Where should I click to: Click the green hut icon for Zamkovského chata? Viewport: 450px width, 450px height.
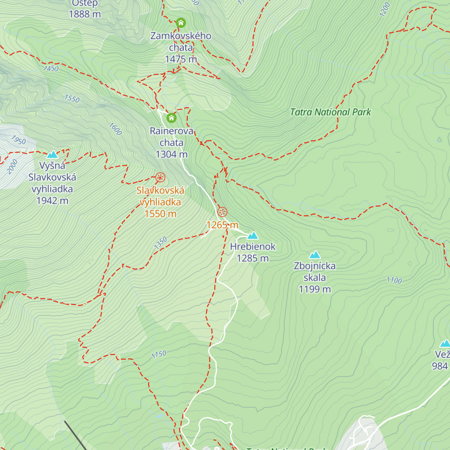point(181,23)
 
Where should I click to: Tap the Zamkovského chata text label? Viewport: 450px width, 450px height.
point(181,42)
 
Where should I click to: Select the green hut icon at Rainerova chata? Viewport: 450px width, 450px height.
point(171,118)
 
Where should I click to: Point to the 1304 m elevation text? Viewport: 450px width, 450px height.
point(171,154)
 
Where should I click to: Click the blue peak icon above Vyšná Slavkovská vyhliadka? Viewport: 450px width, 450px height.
point(52,154)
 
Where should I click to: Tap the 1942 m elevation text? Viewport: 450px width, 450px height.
point(52,201)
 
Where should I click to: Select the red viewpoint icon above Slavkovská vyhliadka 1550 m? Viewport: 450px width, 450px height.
point(160,178)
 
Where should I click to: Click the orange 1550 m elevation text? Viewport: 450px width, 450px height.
point(160,214)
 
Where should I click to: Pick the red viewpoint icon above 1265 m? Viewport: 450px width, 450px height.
point(222,212)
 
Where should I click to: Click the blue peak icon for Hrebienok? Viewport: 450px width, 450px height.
point(253,235)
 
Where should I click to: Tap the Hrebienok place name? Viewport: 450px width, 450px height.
point(253,247)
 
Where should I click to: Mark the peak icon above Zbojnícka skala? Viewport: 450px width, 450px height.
point(315,255)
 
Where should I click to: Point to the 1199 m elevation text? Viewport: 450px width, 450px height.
point(315,289)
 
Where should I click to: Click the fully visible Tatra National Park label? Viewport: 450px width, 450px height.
point(330,112)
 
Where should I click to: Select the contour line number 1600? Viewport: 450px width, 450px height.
point(115,129)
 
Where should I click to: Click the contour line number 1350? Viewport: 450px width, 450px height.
point(160,243)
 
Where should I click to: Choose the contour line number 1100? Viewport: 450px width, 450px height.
point(394,280)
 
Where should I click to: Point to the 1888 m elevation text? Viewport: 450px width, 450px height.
point(85,14)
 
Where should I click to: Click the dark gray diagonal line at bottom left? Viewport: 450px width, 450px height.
point(75,435)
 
